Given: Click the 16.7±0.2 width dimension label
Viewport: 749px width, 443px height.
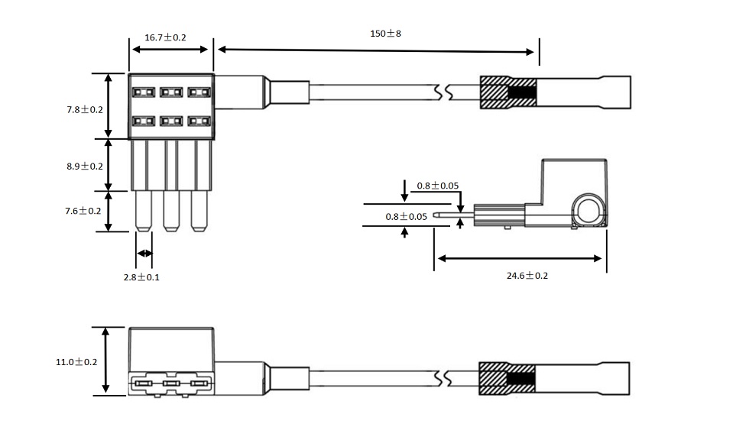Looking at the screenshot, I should tap(165, 37).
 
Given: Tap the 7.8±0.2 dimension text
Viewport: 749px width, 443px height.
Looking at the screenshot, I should tap(84, 109).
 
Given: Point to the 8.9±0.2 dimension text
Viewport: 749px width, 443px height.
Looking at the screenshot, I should tap(84, 166).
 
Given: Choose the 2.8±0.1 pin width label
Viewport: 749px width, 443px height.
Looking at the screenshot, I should tap(141, 276).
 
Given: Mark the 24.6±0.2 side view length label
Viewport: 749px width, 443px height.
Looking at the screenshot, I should tap(527, 275).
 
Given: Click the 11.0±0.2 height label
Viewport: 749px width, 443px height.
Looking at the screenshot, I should tap(76, 361).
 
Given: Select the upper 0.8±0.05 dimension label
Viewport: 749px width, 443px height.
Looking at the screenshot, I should tap(438, 186).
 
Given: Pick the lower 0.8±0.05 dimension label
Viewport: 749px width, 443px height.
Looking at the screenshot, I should tap(406, 216).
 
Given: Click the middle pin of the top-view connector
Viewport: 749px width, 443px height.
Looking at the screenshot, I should tap(170, 210).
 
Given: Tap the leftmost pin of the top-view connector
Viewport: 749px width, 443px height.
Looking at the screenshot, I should tap(143, 210).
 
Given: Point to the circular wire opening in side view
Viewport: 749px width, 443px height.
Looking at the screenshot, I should tap(591, 209).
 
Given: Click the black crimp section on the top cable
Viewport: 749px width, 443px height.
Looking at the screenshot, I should tap(523, 92).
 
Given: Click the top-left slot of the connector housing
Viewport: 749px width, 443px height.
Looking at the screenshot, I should tap(142, 93).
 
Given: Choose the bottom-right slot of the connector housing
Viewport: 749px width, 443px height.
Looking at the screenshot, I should tap(199, 121).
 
